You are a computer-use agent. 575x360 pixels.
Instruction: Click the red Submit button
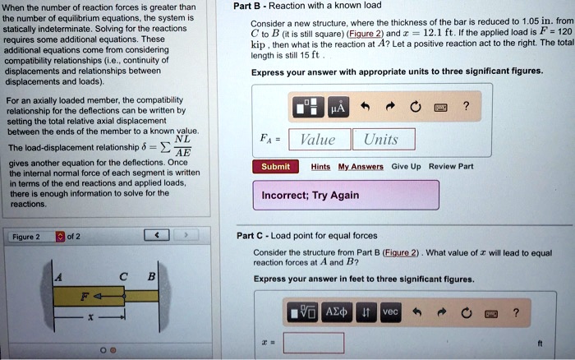pyautogui.click(x=275, y=166)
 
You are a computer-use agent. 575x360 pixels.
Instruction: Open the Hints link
pyautogui.click(x=321, y=166)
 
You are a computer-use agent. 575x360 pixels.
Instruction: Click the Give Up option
pyautogui.click(x=406, y=166)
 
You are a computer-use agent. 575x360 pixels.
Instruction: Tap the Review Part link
pyautogui.click(x=452, y=166)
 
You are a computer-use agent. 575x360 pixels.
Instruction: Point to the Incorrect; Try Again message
pyautogui.click(x=310, y=195)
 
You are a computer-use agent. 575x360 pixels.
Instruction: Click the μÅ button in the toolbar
pyautogui.click(x=338, y=108)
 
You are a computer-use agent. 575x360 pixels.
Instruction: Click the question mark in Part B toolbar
pyautogui.click(x=466, y=108)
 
